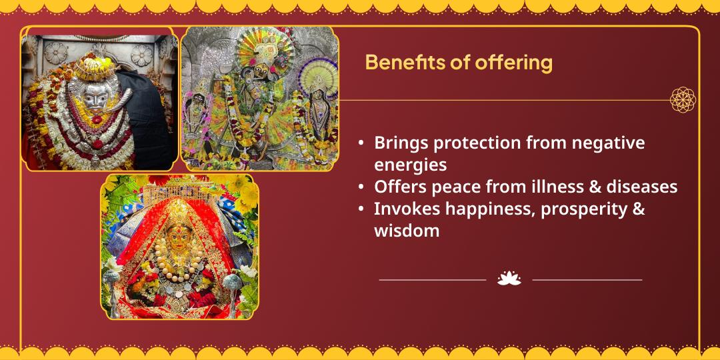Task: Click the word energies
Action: coord(410,164)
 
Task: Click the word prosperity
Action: coord(583,209)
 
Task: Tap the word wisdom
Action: coord(407,231)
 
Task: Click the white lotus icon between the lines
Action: coord(509,279)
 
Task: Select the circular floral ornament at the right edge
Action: coord(683,100)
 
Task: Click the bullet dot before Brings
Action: coord(361,143)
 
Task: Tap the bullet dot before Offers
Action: coord(361,187)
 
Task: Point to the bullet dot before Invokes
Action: coord(361,209)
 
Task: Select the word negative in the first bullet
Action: coord(607,143)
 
